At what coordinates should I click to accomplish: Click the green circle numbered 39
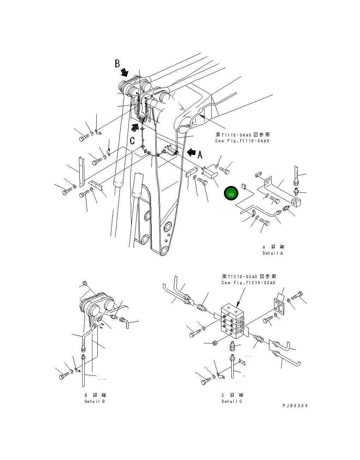[x=231, y=194]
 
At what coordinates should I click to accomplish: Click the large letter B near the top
[x=117, y=63]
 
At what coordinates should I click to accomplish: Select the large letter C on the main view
[x=132, y=141]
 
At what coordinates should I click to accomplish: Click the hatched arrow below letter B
[x=124, y=72]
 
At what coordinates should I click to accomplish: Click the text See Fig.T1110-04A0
[x=242, y=141]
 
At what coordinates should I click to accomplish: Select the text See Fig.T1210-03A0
[x=248, y=282]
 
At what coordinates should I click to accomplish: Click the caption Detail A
[x=273, y=253]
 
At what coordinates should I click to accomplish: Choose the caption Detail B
[x=94, y=402]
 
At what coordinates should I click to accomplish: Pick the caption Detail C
[x=232, y=402]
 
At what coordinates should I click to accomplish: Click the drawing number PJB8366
[x=295, y=406]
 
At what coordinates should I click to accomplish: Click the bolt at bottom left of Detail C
[x=206, y=382]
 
